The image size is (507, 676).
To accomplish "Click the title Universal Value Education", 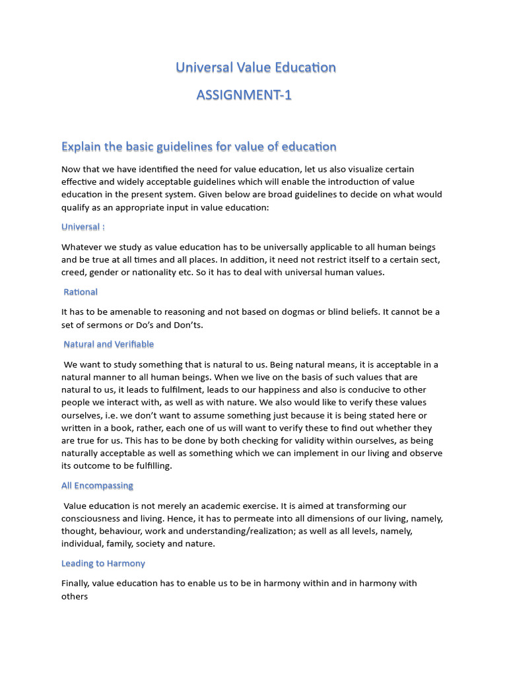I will pyautogui.click(x=255, y=67).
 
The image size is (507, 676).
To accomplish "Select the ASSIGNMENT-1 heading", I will pyautogui.click(x=244, y=95).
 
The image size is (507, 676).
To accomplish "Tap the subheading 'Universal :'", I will pyautogui.click(x=83, y=227).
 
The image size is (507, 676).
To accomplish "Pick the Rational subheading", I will pyautogui.click(x=81, y=292).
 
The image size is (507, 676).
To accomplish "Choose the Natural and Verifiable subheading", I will pyautogui.click(x=108, y=344).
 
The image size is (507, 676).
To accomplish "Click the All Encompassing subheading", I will pyautogui.click(x=97, y=486).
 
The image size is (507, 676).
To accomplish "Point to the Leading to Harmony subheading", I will pyautogui.click(x=103, y=564).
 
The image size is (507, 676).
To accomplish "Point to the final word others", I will pyautogui.click(x=75, y=596).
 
